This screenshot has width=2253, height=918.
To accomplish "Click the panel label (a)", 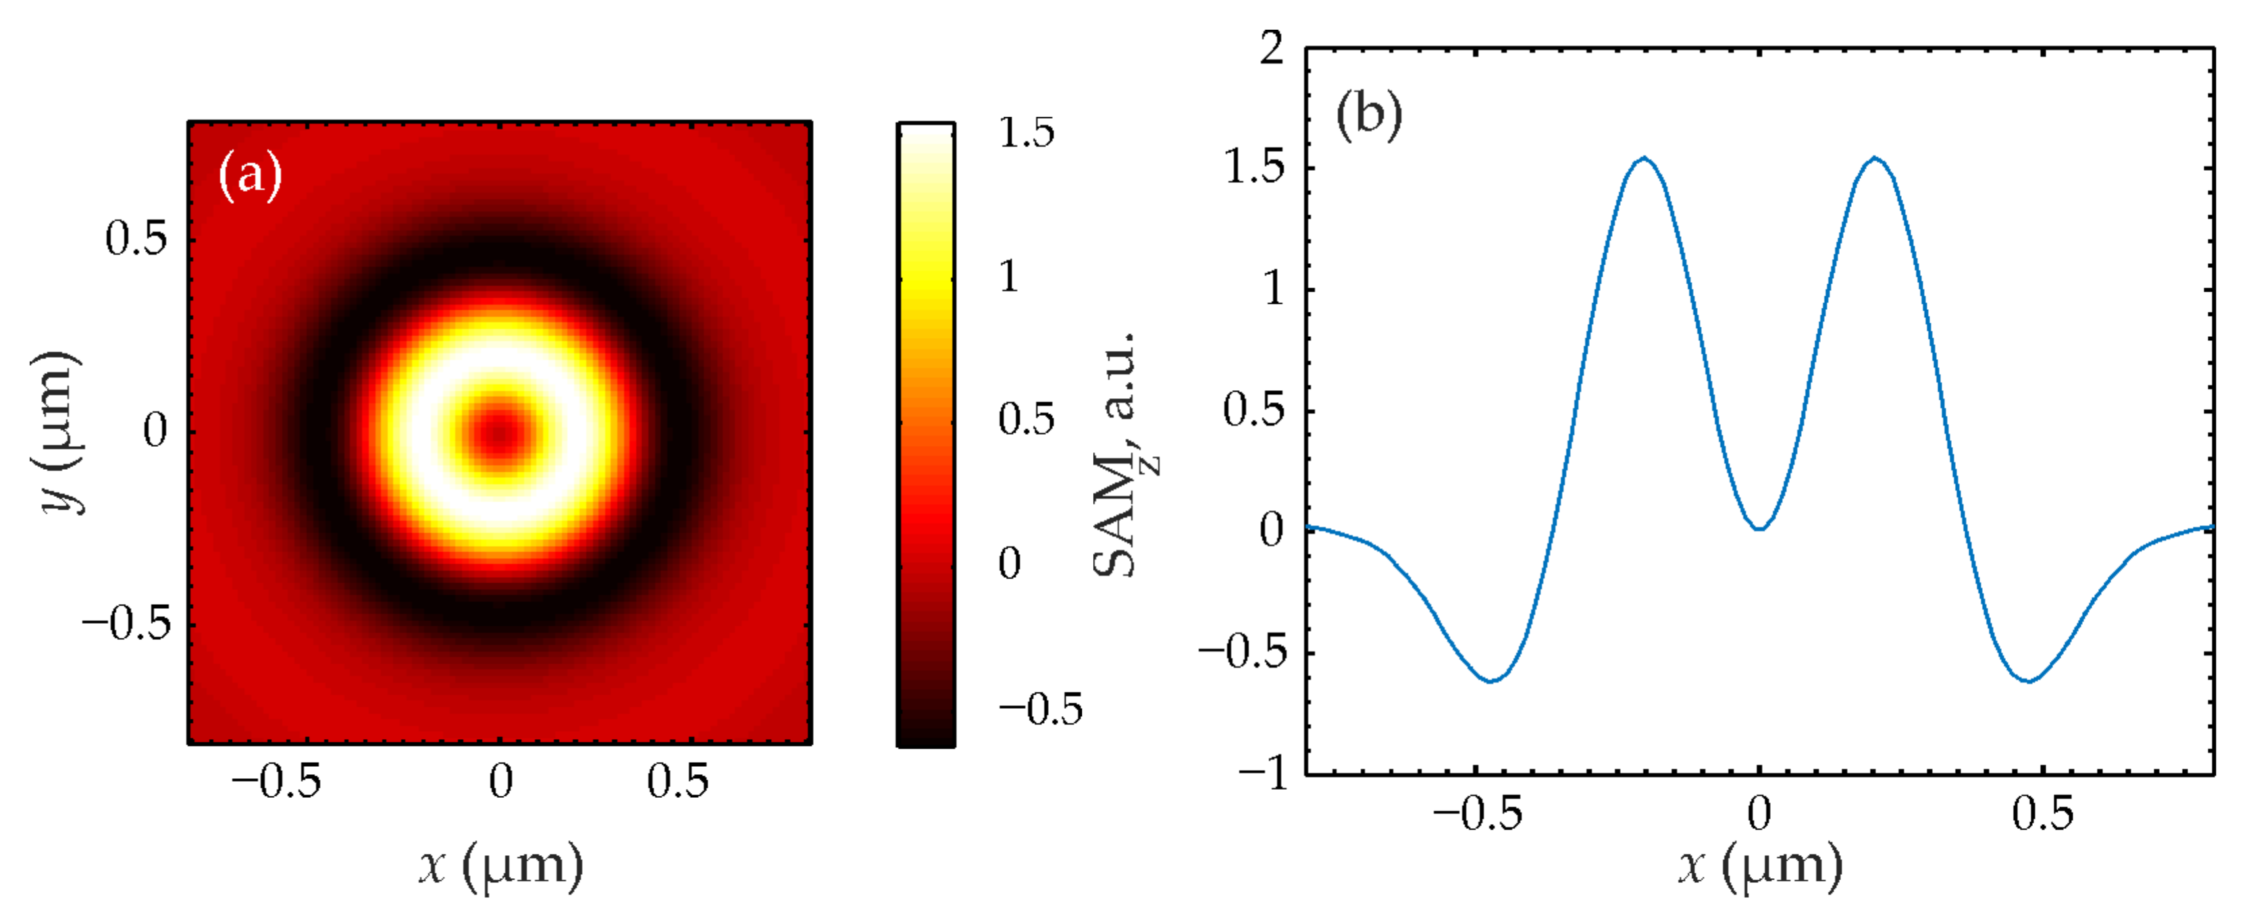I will [250, 175].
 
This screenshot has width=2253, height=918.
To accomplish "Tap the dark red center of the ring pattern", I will [499, 432].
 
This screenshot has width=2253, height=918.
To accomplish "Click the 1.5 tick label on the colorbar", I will [1026, 133].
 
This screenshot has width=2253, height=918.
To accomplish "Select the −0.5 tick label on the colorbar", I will [1040, 709].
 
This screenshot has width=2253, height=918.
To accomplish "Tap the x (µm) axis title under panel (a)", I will [500, 865].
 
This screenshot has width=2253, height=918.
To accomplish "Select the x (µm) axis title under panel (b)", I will [1760, 865].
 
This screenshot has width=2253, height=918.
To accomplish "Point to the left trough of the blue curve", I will [1492, 680].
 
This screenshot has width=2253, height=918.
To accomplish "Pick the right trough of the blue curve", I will [2029, 680].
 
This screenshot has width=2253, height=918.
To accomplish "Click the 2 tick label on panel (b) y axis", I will [1272, 48].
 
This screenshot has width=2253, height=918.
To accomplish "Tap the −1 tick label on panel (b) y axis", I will [1263, 774].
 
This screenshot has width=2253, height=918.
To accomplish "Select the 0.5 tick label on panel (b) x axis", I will [2042, 815].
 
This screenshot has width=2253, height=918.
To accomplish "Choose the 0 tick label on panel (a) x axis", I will [500, 782].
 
